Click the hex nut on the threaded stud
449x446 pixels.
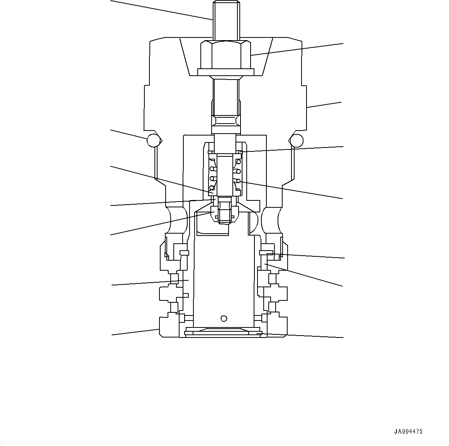226,54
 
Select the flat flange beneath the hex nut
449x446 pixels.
226,72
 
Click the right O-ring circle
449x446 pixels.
297,141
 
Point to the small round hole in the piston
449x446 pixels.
223,318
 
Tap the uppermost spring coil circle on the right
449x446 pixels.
239,161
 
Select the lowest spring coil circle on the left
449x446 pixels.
212,188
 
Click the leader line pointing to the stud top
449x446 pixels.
162,10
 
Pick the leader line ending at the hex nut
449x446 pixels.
297,49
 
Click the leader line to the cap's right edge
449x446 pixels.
324,105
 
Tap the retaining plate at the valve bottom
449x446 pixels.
224,332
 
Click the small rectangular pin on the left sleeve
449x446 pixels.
184,253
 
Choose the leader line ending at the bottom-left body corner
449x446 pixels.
135,332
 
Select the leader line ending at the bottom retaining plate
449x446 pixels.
301,335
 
